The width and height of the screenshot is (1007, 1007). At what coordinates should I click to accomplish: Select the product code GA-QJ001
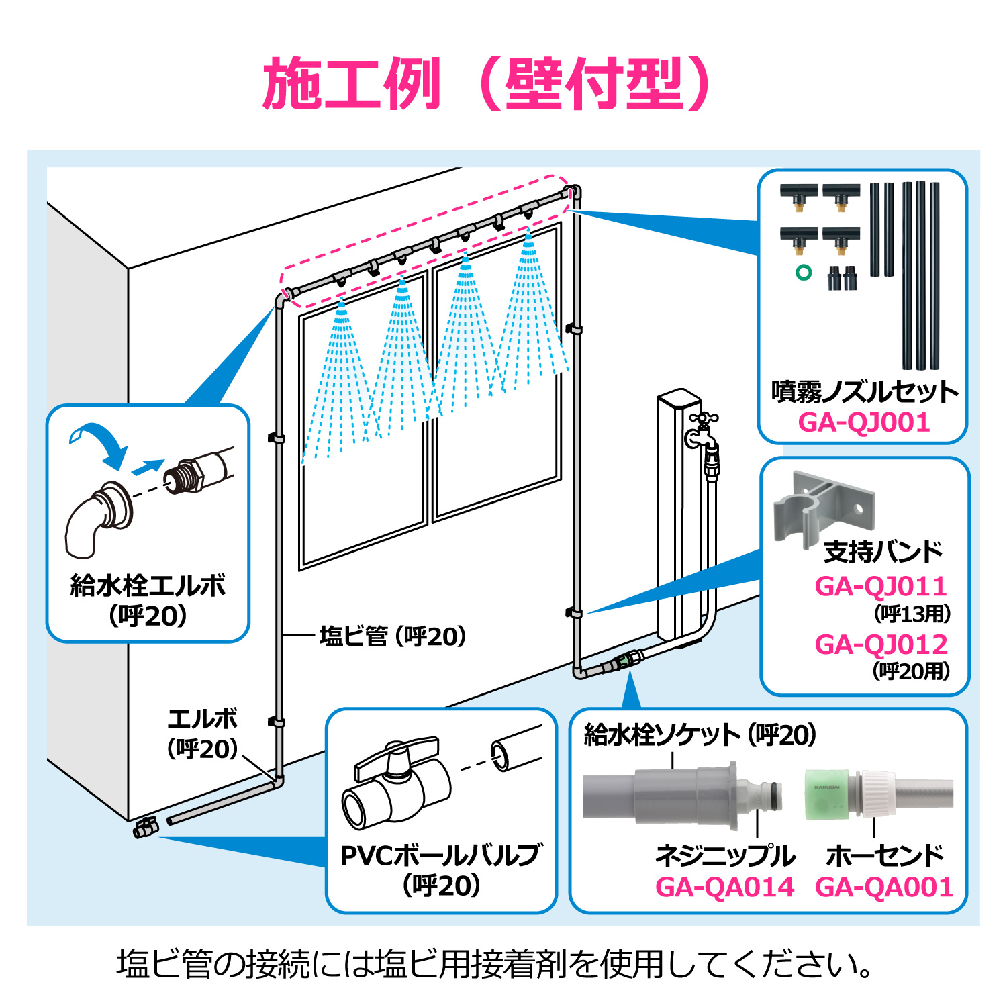click(864, 422)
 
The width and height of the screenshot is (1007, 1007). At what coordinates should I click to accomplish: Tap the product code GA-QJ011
click(881, 586)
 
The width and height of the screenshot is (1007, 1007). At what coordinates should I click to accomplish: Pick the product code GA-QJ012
click(881, 644)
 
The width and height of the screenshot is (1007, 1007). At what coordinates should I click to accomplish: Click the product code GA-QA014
click(725, 887)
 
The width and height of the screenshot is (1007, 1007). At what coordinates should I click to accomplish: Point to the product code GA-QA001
click(884, 887)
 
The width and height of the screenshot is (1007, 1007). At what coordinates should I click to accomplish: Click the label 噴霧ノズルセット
click(865, 391)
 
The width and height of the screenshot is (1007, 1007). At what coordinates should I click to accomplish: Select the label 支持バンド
click(883, 551)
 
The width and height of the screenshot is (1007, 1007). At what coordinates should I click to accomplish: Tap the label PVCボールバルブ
click(440, 855)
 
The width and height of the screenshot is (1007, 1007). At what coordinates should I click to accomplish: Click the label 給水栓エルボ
click(148, 585)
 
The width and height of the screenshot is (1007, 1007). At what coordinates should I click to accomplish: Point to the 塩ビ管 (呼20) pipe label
click(393, 636)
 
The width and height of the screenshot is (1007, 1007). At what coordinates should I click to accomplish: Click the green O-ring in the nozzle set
click(803, 272)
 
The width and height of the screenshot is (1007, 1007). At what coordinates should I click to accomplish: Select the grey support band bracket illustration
click(822, 507)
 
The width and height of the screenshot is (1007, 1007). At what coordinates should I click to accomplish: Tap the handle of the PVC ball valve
click(396, 755)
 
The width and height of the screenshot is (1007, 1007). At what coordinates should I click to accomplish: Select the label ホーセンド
click(884, 855)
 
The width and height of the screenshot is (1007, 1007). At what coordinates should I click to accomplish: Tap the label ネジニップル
click(725, 855)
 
